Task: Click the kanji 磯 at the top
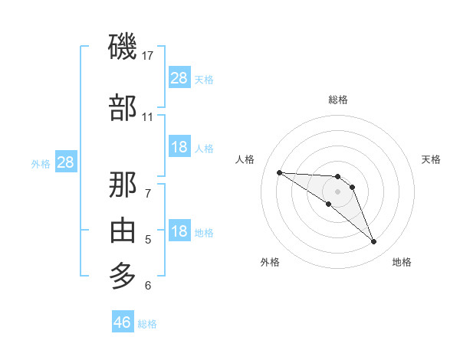tap(123, 47)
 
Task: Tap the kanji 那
tap(123, 184)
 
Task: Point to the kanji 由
tap(123, 230)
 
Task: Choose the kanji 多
tap(123, 275)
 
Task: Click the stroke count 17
tap(148, 56)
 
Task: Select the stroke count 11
tap(147, 117)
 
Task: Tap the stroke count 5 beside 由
tap(147, 240)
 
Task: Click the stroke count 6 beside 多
tap(147, 286)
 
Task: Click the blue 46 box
tap(123, 322)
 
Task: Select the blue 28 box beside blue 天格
tap(179, 77)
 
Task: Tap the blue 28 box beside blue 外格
tap(65, 162)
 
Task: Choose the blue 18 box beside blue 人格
tap(179, 147)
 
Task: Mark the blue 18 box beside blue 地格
tap(179, 231)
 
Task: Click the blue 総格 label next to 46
tap(147, 323)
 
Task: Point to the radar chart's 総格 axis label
tap(338, 100)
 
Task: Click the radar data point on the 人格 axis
tap(279, 172)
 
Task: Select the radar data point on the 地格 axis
tap(374, 242)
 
